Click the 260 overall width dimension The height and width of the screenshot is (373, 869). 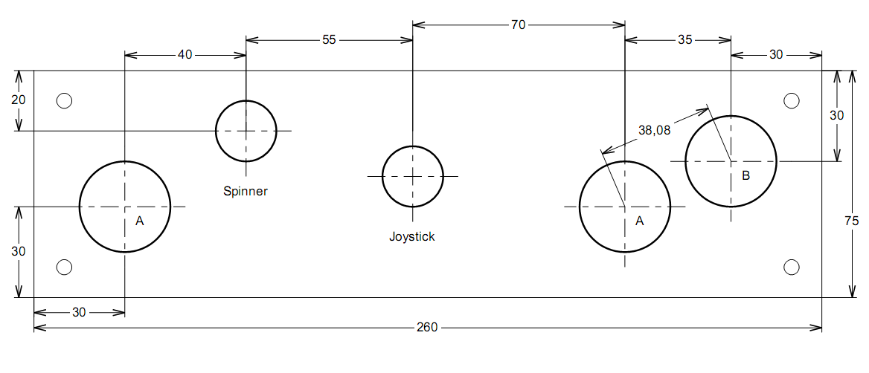point(427,328)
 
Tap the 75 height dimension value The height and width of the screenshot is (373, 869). point(852,221)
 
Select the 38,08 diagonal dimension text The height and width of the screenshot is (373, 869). point(655,130)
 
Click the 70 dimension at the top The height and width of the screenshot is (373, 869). point(518,25)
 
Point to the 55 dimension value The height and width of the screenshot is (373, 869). point(329,40)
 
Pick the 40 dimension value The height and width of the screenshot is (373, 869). point(185,54)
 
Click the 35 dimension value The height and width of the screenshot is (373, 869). point(685,40)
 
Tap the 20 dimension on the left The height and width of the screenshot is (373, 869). point(19,100)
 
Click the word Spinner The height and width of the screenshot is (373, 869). point(246,192)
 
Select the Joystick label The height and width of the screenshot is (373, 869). point(411,237)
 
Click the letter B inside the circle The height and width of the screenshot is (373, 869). point(745,176)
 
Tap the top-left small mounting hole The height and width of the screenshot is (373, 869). point(65,100)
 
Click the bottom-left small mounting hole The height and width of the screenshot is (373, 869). point(65,267)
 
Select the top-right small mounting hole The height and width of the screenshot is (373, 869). point(792,100)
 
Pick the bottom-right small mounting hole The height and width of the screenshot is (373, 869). point(792,267)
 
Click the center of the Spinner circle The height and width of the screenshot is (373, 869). point(246,131)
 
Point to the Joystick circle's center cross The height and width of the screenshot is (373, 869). point(412,176)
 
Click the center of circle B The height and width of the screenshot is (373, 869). point(731,161)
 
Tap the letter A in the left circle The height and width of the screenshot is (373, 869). point(139,221)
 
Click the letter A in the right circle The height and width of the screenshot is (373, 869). point(639,221)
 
